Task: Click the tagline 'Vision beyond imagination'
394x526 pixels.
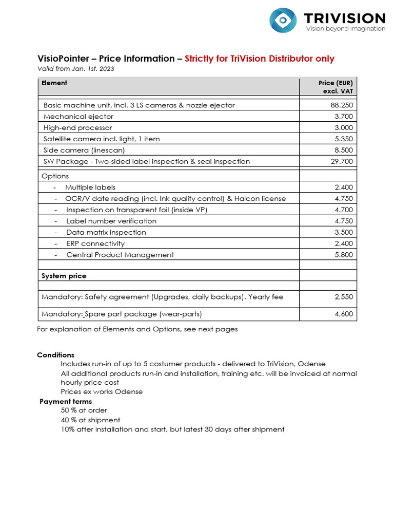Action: (x=345, y=29)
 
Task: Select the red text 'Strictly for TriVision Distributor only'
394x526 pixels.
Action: (x=259, y=59)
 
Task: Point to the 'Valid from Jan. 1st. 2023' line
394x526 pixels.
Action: (x=75, y=69)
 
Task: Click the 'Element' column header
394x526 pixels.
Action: (x=54, y=83)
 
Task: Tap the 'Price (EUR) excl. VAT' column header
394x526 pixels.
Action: (x=336, y=87)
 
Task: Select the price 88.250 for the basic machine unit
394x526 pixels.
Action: (x=342, y=105)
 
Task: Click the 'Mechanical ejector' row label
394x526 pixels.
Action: (x=78, y=116)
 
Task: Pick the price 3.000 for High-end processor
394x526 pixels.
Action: (x=344, y=127)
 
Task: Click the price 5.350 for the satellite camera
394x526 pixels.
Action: (x=344, y=139)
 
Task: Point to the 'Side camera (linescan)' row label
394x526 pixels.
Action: (x=84, y=150)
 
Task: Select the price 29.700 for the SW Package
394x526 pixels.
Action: (x=342, y=161)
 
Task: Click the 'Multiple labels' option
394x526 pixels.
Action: (x=90, y=187)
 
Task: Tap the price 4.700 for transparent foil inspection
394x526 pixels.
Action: (x=344, y=210)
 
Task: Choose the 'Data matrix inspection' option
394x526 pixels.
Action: (x=106, y=232)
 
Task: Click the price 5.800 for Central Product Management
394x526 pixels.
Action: (x=344, y=255)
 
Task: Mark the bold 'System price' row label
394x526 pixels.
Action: (x=64, y=276)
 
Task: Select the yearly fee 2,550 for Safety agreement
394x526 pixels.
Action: (x=344, y=297)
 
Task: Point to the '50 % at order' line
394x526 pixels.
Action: (x=84, y=410)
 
